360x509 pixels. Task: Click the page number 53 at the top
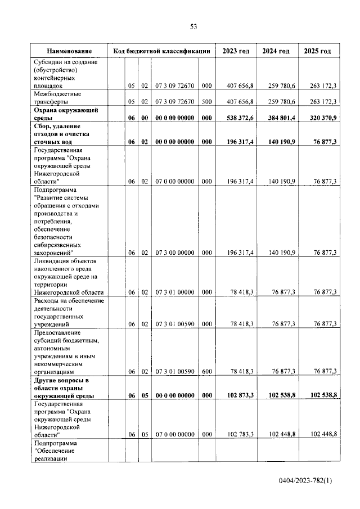coord(193,26)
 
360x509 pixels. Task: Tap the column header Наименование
coord(69,51)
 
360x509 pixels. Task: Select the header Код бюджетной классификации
coord(161,51)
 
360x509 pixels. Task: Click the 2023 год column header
coord(236,51)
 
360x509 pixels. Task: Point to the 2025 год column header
coord(317,51)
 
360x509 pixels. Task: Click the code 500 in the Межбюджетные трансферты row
coord(206,102)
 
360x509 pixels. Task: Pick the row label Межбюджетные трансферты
coord(57,98)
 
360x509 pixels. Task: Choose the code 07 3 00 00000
coord(175,253)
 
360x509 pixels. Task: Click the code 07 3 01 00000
coord(175,292)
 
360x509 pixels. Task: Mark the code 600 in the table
coord(206,372)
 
